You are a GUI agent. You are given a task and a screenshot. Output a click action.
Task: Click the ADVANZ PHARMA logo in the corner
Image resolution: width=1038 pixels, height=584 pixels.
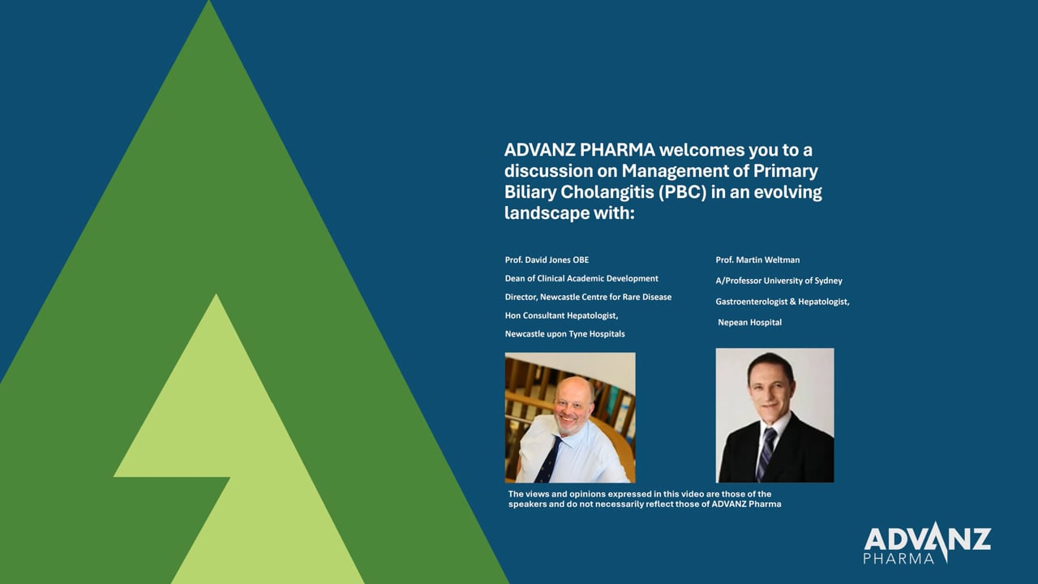pos(927,543)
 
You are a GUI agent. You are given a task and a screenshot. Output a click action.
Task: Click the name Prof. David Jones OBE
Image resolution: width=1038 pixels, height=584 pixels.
pos(547,260)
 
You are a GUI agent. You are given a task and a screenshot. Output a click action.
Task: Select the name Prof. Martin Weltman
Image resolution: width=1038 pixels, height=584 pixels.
pos(757,260)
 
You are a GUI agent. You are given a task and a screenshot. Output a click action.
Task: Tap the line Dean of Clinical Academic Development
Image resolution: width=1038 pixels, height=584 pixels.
pos(581,278)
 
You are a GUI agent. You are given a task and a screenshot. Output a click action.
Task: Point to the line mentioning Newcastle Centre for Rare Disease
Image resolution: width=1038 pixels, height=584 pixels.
pos(588,297)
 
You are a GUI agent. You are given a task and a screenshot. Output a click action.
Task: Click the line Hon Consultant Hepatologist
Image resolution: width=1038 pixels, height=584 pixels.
pos(562,316)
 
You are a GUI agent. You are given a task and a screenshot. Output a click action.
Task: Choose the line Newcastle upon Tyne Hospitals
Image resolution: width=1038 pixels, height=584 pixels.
pos(565,334)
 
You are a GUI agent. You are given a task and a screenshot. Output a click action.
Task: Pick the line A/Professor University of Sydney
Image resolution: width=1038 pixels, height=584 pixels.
pos(779,281)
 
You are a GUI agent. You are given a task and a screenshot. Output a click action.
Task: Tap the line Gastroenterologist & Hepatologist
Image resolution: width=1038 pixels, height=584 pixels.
pos(783,302)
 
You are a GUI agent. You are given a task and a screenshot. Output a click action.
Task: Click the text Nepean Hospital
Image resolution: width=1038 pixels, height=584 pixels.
pos(750,323)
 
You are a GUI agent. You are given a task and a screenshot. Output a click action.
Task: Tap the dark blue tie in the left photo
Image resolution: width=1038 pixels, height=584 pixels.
pos(549,460)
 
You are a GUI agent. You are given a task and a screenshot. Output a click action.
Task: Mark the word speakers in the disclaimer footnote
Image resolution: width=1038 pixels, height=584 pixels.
pos(527,505)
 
